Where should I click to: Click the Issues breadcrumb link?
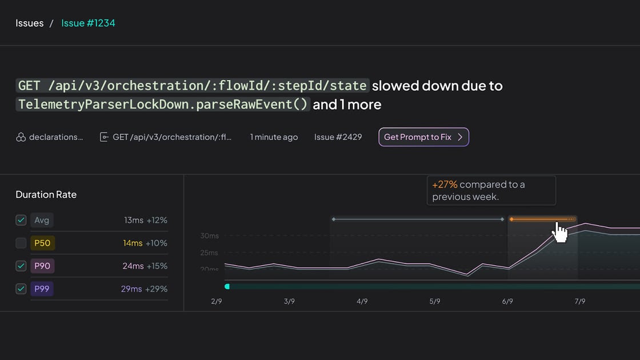(x=29, y=23)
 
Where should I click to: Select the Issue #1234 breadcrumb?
(x=88, y=23)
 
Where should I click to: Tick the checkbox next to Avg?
(x=21, y=221)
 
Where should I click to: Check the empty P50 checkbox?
(x=21, y=243)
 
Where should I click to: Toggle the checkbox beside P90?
(x=21, y=266)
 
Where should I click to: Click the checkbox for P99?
(x=21, y=289)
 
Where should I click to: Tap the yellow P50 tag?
(x=42, y=243)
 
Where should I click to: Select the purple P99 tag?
(x=42, y=289)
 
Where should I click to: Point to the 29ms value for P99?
(x=131, y=289)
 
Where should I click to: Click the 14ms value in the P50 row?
(x=133, y=243)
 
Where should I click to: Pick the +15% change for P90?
(x=157, y=266)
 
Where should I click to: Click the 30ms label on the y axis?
(x=209, y=235)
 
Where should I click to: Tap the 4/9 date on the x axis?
(x=362, y=301)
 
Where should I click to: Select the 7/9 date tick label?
(x=580, y=301)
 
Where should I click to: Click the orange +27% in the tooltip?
(x=445, y=185)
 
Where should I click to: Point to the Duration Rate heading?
(x=46, y=195)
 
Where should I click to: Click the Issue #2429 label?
(x=338, y=137)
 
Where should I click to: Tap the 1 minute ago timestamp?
(x=274, y=137)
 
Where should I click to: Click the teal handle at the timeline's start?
(x=227, y=286)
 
